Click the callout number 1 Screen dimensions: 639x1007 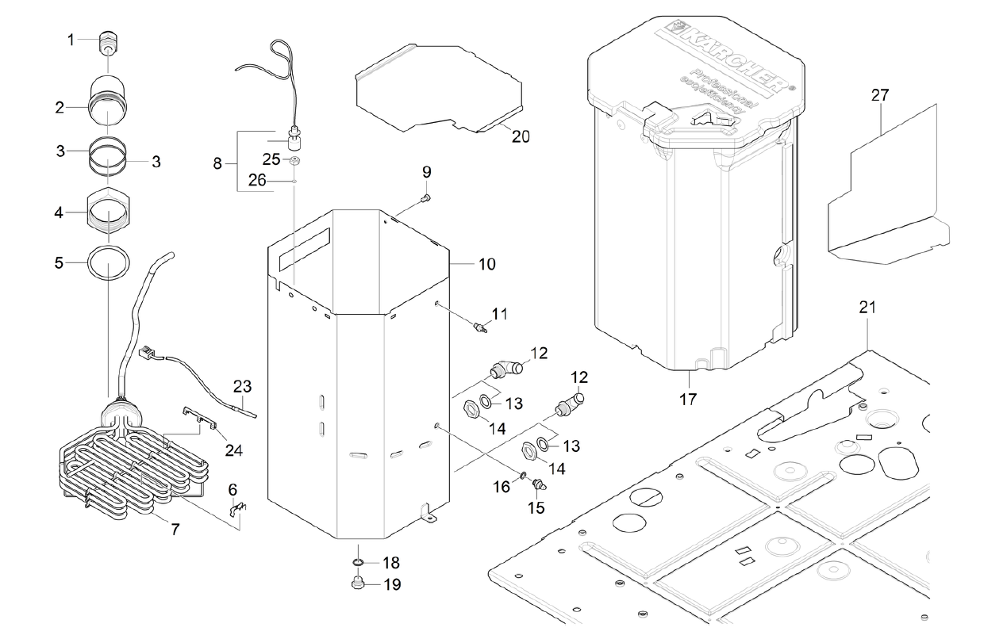click(71, 39)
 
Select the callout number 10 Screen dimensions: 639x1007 click(486, 263)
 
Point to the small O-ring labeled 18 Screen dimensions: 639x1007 click(358, 563)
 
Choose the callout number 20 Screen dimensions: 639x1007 click(520, 136)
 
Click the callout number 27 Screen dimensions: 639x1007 click(880, 95)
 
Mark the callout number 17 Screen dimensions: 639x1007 click(687, 399)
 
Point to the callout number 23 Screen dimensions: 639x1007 click(242, 386)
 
